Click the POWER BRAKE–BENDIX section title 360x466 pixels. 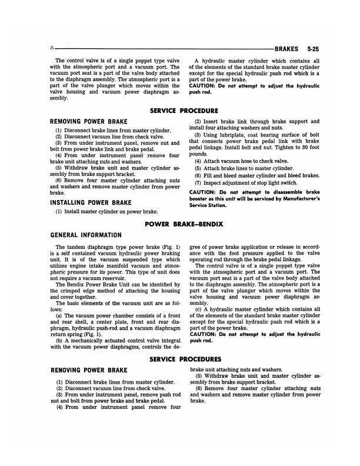[180, 224]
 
